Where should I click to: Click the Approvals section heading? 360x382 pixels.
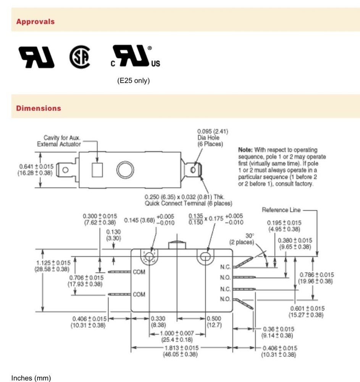(x=35, y=22)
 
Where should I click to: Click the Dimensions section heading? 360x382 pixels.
(x=38, y=108)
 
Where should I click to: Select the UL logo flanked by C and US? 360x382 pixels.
(x=134, y=56)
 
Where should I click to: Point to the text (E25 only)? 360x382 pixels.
(x=133, y=81)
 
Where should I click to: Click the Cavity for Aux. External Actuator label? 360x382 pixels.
(x=59, y=141)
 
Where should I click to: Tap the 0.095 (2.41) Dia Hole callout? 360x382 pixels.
(x=213, y=138)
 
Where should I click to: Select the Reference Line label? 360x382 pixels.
(x=281, y=210)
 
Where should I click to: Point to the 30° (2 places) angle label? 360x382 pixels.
(x=241, y=239)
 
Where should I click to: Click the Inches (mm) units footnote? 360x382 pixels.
(x=31, y=378)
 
